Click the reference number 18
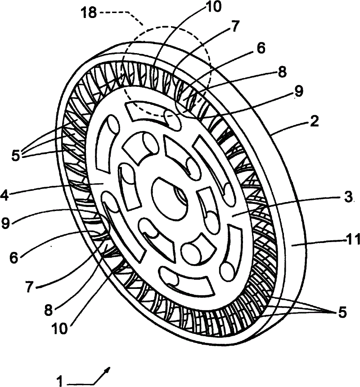click(89, 12)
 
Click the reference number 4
click(4, 196)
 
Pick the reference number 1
click(60, 381)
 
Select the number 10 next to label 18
click(214, 7)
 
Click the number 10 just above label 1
click(59, 328)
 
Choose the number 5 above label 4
click(16, 156)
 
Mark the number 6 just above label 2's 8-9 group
click(261, 48)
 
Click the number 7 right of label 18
click(235, 26)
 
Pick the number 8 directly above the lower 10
click(49, 310)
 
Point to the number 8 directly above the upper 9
click(282, 72)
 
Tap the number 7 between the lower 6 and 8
click(29, 287)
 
